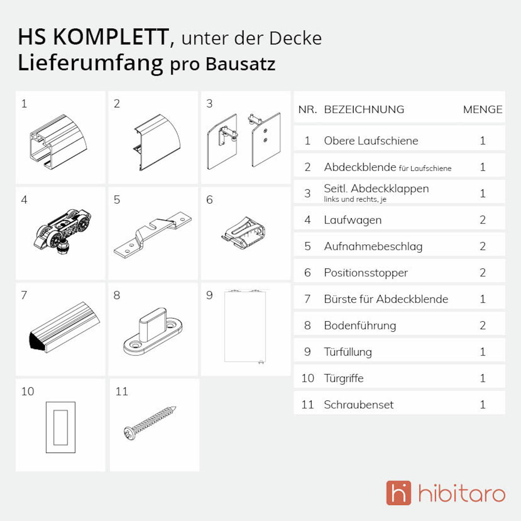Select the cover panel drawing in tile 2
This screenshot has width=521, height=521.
pyautogui.click(x=156, y=142)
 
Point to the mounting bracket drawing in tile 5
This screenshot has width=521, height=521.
pyautogui.click(x=152, y=234)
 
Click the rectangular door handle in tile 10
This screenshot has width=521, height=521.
pyautogui.click(x=61, y=427)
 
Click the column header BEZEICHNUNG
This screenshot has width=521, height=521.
pyautogui.click(x=364, y=109)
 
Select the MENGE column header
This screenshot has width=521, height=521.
pyautogui.click(x=482, y=109)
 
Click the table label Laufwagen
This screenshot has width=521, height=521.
pyautogui.click(x=353, y=220)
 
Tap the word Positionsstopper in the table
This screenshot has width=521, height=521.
pyautogui.click(x=366, y=273)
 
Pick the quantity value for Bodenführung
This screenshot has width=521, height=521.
pyautogui.click(x=482, y=326)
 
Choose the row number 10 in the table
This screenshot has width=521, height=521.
pyautogui.click(x=307, y=378)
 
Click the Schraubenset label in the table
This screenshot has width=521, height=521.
pyautogui.click(x=359, y=405)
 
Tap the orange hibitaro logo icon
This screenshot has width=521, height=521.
pyautogui.click(x=398, y=493)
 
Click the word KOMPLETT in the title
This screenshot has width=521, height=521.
pyautogui.click(x=111, y=37)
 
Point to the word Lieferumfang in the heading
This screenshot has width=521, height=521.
pyautogui.click(x=90, y=63)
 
